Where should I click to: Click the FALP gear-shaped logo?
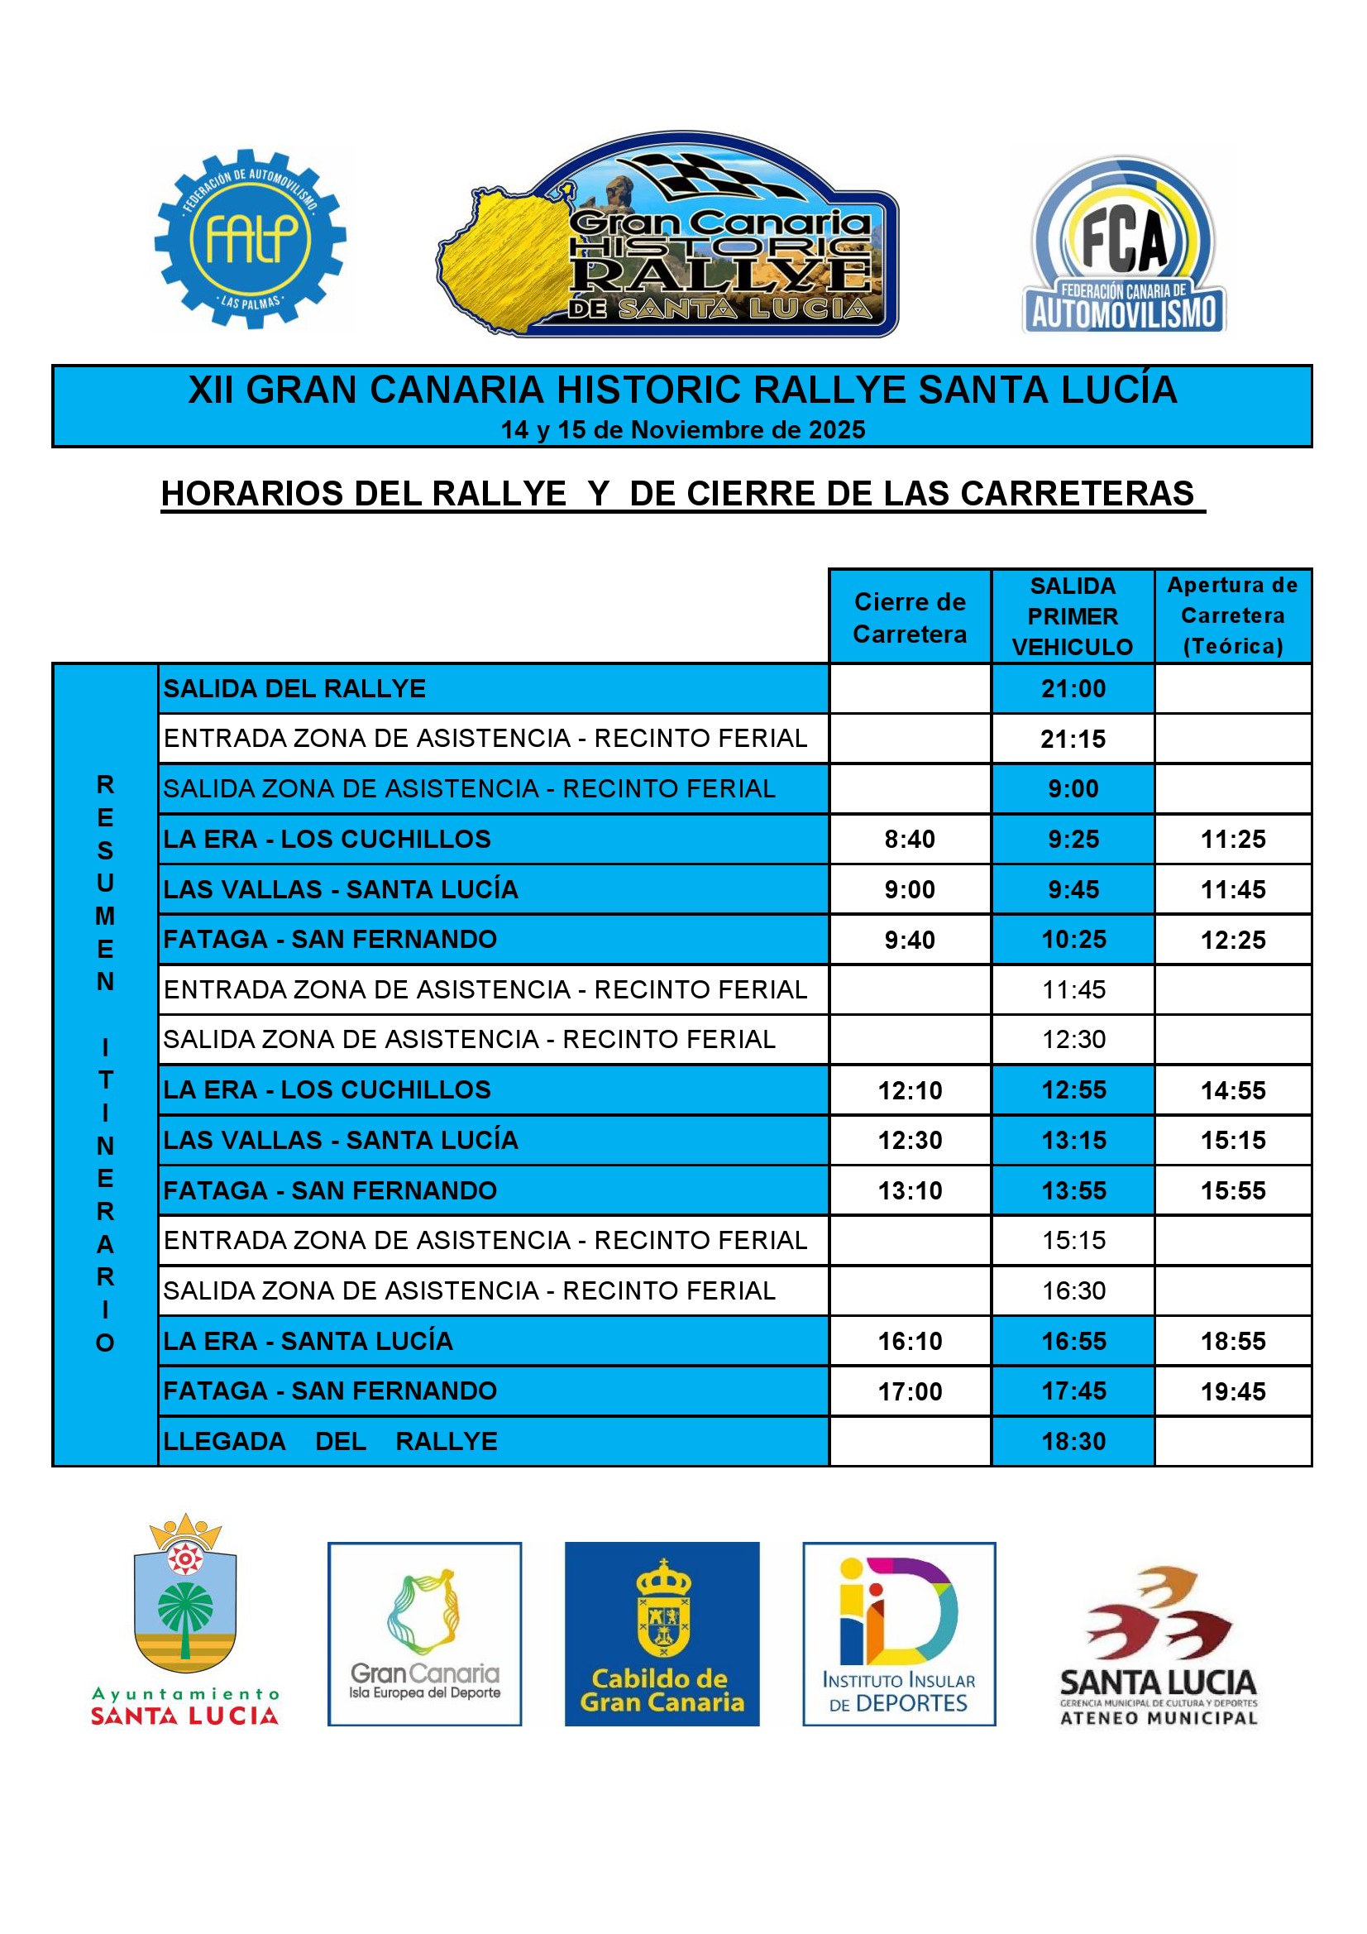tap(250, 239)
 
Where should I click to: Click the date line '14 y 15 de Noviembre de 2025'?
tap(682, 429)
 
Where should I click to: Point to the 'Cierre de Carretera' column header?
tap(910, 616)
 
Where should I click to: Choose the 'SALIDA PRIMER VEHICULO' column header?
tap(1073, 615)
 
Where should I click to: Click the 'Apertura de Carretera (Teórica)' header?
tap(1232, 615)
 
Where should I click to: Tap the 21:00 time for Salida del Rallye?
tap(1073, 688)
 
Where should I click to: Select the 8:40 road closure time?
tap(910, 839)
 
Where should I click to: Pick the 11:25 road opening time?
tap(1233, 839)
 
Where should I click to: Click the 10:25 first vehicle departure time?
tap(1073, 939)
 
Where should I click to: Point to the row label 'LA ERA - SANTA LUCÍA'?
tap(308, 1340)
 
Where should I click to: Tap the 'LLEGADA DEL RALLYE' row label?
tap(330, 1441)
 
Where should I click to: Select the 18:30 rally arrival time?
tap(1073, 1441)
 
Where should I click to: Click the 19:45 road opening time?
tap(1233, 1391)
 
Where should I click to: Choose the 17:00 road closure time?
tap(910, 1391)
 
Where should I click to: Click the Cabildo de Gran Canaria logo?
tap(662, 1634)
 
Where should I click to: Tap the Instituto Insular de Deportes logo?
tap(899, 1634)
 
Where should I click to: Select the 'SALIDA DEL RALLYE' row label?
tap(294, 688)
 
